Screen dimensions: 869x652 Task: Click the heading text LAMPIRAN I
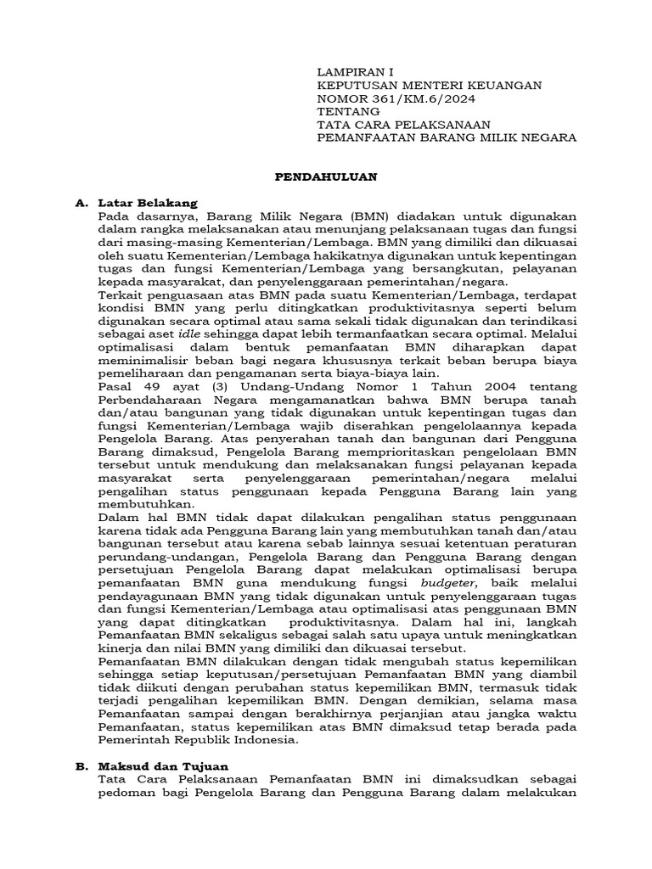coord(355,72)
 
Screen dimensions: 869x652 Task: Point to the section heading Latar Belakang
coord(148,203)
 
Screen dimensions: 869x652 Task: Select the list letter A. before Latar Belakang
coord(81,203)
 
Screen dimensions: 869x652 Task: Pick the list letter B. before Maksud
coord(81,765)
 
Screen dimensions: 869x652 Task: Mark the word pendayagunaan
coord(146,597)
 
